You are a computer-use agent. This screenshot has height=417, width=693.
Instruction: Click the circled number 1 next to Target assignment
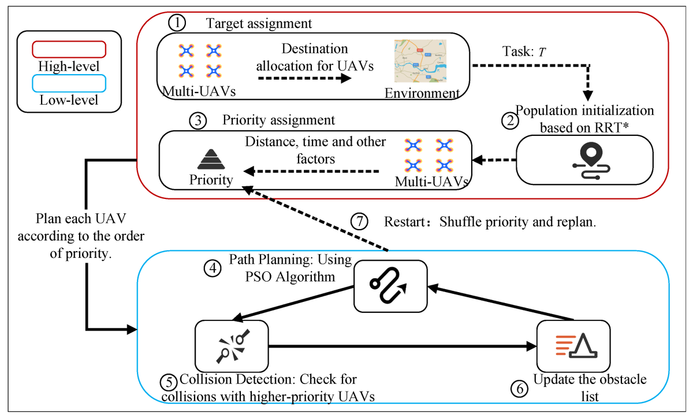(176, 24)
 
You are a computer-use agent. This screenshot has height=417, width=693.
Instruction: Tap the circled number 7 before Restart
(359, 222)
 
